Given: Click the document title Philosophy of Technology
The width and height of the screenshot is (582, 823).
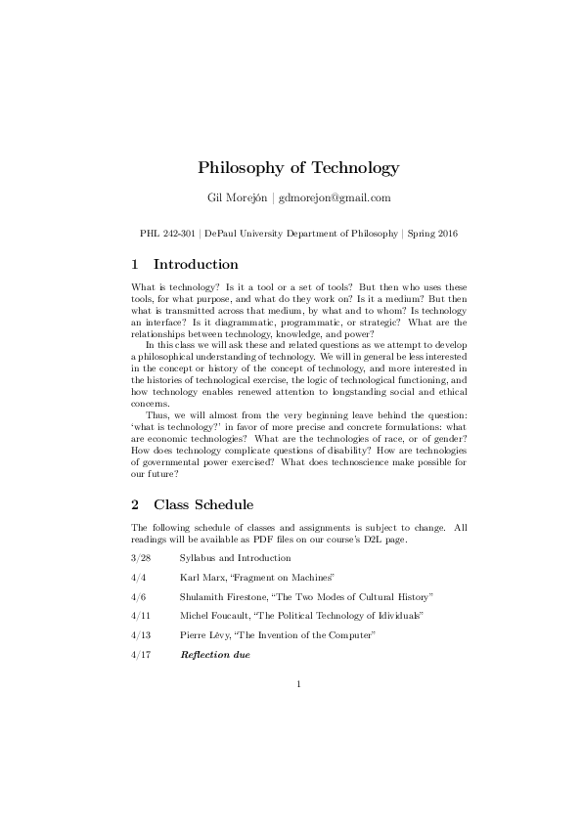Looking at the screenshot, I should (291, 168).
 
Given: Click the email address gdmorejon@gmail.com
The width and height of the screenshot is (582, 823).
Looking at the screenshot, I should (335, 197).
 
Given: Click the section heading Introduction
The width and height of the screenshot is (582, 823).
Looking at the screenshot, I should (196, 264).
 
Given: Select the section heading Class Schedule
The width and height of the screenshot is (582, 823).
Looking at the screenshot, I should (203, 504).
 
